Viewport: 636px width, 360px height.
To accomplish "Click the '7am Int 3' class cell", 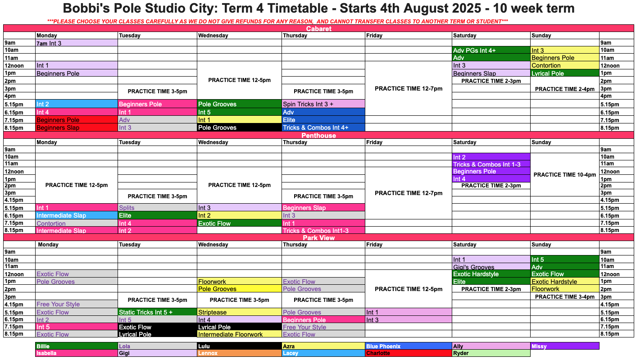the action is [77, 43].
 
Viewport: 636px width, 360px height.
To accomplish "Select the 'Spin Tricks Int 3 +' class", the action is [323, 104].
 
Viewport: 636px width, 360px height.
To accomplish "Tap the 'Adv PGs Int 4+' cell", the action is [491, 50].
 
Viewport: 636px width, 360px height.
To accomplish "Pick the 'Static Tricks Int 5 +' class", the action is [157, 312].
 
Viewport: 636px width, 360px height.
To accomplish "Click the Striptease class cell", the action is [239, 312].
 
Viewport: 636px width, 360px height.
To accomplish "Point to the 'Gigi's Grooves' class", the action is [491, 267].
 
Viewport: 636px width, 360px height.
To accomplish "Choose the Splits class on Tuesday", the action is [157, 208].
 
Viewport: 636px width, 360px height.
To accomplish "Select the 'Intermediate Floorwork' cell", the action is [239, 334].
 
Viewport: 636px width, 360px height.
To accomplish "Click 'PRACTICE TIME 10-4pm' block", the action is [565, 175].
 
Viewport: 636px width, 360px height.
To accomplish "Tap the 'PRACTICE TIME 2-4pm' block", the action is [565, 89].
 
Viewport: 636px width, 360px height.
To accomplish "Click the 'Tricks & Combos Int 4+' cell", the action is [323, 128].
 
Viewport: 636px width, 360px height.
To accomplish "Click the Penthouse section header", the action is [318, 136].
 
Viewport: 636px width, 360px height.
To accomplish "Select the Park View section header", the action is [318, 237].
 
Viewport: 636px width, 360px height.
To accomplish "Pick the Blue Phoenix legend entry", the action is [409, 346].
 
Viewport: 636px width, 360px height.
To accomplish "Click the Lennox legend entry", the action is [239, 353].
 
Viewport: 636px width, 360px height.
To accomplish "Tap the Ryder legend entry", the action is [491, 353].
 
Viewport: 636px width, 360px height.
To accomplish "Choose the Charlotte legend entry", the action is [409, 353].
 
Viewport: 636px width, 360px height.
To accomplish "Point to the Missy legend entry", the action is [565, 346].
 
